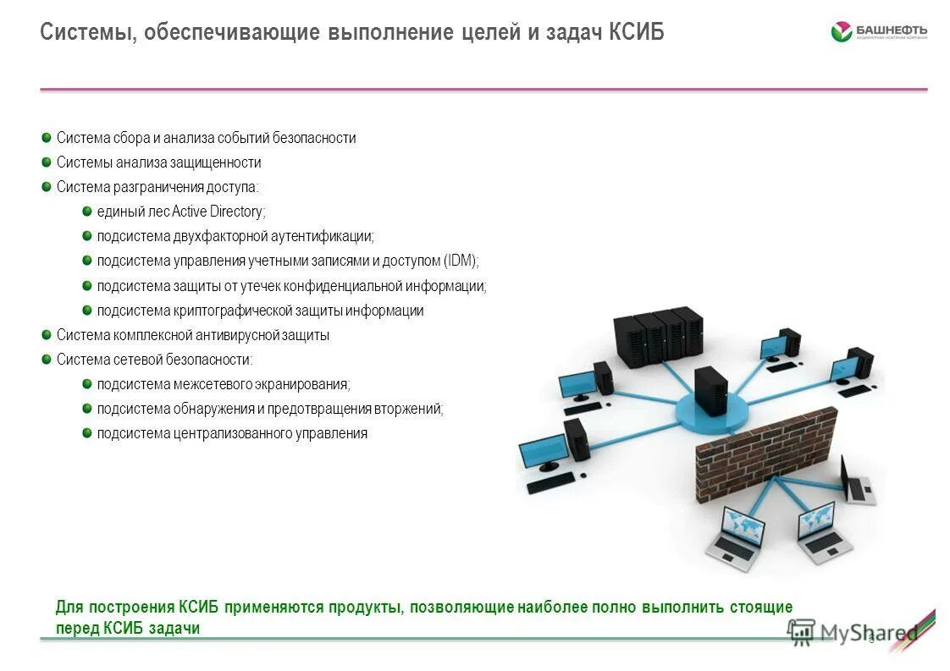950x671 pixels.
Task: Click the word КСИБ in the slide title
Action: pyautogui.click(x=636, y=32)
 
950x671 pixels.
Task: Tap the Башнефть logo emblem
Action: pyautogui.click(x=841, y=32)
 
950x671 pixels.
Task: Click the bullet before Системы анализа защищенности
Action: pyautogui.click(x=47, y=162)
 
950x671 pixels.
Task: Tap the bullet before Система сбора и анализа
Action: pyautogui.click(x=47, y=137)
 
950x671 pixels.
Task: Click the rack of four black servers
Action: pyautogui.click(x=658, y=337)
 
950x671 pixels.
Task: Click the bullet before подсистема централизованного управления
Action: pyautogui.click(x=87, y=432)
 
